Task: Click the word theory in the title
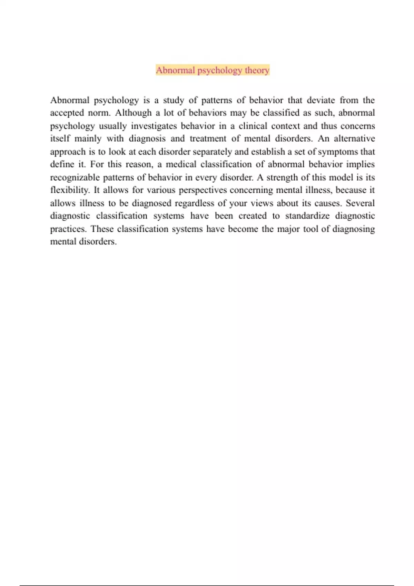(257, 70)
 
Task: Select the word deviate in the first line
(321, 100)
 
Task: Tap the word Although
(133, 113)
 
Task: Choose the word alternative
(354, 139)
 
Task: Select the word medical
(181, 164)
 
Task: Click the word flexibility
(69, 190)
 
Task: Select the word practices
(68, 229)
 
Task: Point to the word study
(174, 100)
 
